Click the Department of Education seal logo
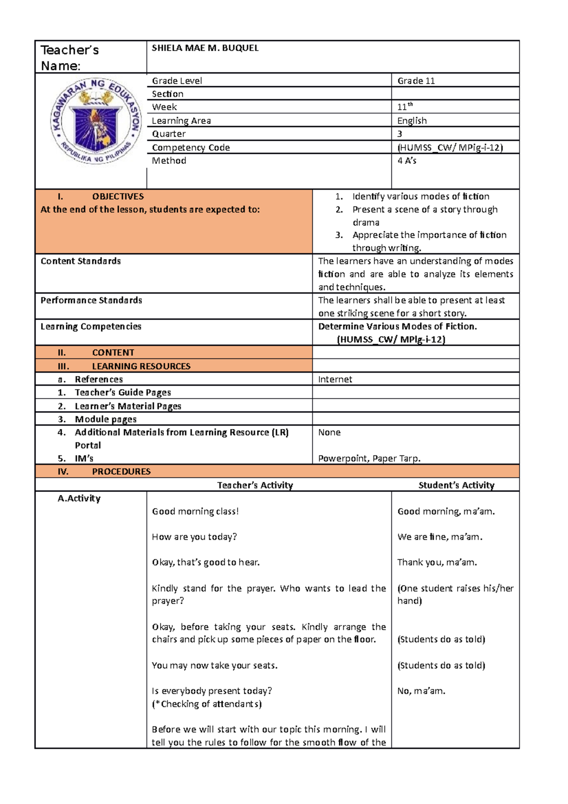[96, 122]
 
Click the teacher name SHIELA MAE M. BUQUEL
[205, 48]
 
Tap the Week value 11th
[405, 107]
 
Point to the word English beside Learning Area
[412, 121]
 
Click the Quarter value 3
[400, 134]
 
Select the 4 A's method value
[407, 161]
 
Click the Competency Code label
[191, 148]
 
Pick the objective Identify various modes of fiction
[420, 197]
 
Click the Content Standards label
[80, 261]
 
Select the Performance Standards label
[91, 301]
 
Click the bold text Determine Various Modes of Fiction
[397, 327]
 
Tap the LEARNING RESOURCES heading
[141, 366]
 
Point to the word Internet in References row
[335, 380]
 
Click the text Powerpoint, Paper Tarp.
[369, 459]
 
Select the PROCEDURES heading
[121, 472]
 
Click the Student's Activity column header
[456, 485]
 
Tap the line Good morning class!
[195, 511]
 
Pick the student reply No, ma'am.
[421, 691]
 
